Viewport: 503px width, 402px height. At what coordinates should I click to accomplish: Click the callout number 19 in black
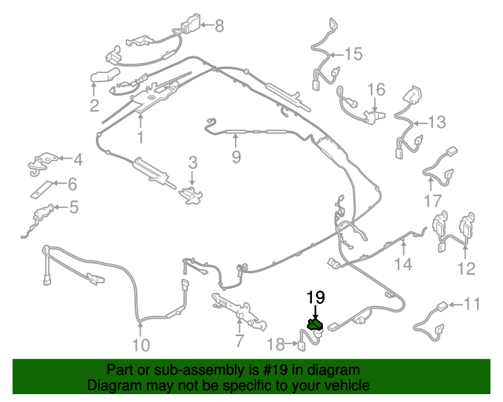pyautogui.click(x=316, y=297)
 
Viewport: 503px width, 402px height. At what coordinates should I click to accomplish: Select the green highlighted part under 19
pyautogui.click(x=315, y=325)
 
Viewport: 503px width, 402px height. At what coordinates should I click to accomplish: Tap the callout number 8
pyautogui.click(x=219, y=26)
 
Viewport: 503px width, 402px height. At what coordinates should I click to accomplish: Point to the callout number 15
pyautogui.click(x=353, y=54)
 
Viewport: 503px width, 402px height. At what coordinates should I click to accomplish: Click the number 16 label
pyautogui.click(x=376, y=90)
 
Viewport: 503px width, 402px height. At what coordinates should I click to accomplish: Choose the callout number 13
pyautogui.click(x=437, y=122)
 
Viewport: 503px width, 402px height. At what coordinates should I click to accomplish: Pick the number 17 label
pyautogui.click(x=433, y=201)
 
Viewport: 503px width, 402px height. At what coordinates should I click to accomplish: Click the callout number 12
pyautogui.click(x=466, y=269)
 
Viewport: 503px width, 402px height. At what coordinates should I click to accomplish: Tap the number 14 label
pyautogui.click(x=403, y=264)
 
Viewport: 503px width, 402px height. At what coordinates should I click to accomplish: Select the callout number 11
pyautogui.click(x=472, y=304)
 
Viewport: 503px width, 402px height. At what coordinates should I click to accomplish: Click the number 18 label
pyautogui.click(x=276, y=345)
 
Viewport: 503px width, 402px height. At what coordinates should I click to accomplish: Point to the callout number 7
pyautogui.click(x=239, y=341)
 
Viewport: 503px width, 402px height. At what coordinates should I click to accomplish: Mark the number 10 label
pyautogui.click(x=141, y=345)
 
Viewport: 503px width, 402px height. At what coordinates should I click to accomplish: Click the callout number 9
pyautogui.click(x=236, y=157)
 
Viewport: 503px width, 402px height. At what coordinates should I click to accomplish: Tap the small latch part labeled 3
pyautogui.click(x=191, y=195)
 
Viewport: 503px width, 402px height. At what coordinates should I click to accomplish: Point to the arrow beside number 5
pyautogui.click(x=61, y=207)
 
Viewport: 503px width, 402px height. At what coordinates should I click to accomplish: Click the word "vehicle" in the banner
pyautogui.click(x=347, y=385)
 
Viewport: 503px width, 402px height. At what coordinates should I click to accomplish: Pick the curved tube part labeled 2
pyautogui.click(x=105, y=75)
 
